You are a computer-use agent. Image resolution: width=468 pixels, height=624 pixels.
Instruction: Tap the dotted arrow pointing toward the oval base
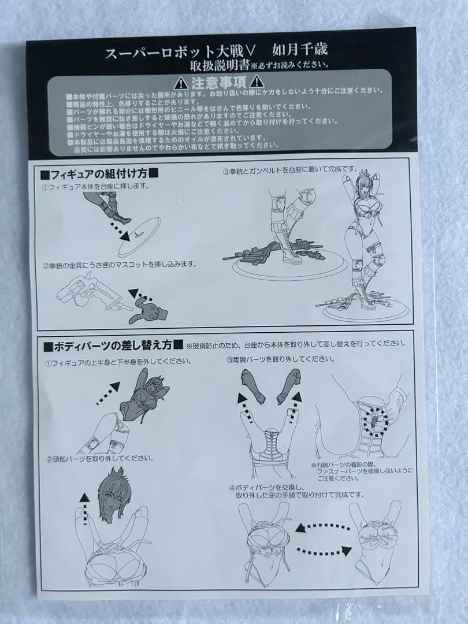120,231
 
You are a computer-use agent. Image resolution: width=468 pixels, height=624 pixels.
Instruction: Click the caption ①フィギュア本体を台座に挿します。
95,187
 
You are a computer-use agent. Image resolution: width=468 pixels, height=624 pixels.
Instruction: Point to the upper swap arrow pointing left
323,527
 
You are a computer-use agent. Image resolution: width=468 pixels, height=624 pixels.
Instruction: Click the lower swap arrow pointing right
323,549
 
